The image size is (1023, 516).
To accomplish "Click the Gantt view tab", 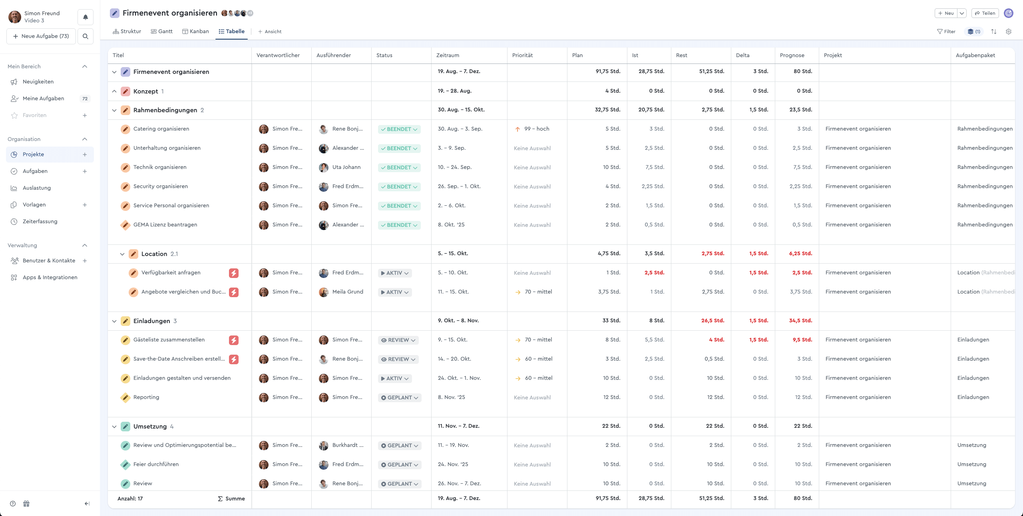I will pos(161,32).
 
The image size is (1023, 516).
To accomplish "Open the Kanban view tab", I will pos(195,32).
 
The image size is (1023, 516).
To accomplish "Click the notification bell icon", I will pos(86,17).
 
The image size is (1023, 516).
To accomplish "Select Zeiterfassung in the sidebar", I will pos(40,222).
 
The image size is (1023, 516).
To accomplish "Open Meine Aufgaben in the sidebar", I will pos(43,99).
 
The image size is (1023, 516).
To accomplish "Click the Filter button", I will pos(946,32).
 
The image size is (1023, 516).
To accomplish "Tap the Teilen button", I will pos(985,13).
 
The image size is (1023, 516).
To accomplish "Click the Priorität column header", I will pos(522,56).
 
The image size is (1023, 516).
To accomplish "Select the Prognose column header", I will pos(792,56).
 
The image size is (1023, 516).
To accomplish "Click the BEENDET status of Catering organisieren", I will pos(399,129).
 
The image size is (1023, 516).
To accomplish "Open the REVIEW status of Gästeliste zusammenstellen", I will pos(398,340).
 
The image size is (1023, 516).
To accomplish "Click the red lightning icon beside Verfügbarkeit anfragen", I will pos(234,273).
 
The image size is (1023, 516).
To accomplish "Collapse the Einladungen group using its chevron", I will pos(114,322).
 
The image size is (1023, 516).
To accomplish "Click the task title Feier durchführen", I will pos(156,464).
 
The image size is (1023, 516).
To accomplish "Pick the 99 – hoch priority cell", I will pos(536,129).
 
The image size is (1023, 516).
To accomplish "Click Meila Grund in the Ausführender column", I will pos(347,292).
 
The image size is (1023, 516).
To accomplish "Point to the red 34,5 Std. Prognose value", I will pos(800,321).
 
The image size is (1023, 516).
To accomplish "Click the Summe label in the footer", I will pos(235,499).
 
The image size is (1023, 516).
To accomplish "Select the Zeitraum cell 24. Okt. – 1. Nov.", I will pos(459,378).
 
